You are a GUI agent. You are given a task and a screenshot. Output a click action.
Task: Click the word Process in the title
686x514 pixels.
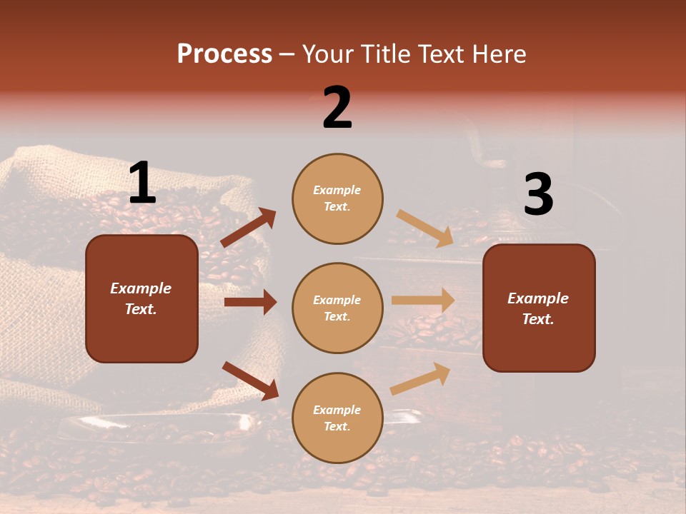(224, 54)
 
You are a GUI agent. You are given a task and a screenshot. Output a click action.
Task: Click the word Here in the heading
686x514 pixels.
(496, 54)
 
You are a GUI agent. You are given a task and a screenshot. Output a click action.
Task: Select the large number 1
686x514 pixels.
(142, 183)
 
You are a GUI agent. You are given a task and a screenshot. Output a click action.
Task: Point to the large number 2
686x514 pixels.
(337, 108)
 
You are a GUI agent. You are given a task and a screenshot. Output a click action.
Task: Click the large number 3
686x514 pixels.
(538, 195)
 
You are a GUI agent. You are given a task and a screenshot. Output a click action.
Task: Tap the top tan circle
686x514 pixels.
(337, 198)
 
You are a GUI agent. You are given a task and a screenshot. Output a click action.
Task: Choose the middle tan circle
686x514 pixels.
(337, 308)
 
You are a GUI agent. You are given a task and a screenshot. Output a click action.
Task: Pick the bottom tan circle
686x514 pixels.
(337, 418)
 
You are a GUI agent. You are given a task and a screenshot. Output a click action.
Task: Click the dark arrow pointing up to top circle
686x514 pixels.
(249, 228)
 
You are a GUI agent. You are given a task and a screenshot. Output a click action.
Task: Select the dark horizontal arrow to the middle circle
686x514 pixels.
(250, 302)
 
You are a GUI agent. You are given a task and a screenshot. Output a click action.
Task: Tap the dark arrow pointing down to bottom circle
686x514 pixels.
(250, 381)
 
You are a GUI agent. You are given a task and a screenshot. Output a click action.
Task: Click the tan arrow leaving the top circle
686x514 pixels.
(424, 228)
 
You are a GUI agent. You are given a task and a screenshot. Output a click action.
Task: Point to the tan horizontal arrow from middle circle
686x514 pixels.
(423, 301)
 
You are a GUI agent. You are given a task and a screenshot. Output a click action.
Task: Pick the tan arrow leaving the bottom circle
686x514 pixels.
(421, 379)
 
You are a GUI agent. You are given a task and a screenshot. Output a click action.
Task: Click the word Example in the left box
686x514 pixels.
(141, 288)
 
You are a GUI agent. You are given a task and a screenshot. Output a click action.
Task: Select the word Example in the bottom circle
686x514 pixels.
(337, 410)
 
